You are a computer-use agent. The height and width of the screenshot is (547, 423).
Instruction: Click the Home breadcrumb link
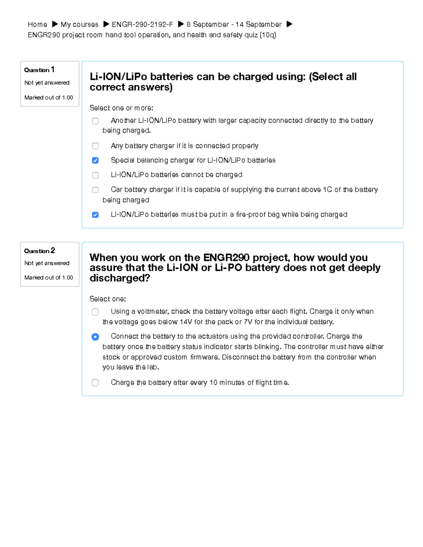pos(37,24)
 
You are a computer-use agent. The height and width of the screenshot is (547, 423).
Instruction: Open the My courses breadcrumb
pos(79,24)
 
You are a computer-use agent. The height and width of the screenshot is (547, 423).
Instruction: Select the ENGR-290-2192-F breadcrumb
pos(142,24)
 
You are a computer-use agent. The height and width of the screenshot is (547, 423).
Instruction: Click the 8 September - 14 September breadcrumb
pos(234,24)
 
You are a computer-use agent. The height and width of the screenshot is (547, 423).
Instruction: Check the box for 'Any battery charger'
pos(95,146)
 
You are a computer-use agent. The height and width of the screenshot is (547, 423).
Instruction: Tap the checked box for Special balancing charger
pos(95,160)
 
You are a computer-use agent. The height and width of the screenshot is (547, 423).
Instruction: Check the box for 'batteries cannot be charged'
pos(95,175)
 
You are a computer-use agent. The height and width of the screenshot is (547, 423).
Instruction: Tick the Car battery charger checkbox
pos(95,190)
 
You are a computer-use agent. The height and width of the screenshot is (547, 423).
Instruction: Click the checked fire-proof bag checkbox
pos(95,215)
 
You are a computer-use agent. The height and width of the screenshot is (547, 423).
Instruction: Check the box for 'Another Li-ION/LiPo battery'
pos(95,121)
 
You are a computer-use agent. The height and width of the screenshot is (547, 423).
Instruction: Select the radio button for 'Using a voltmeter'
pos(95,312)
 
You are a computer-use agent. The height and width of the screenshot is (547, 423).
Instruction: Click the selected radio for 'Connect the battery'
pos(95,337)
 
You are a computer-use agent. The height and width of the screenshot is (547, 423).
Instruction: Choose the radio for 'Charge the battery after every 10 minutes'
pos(95,383)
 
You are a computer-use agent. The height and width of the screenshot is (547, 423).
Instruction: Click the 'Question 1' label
pos(39,70)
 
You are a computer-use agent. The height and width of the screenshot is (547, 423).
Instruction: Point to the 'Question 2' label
pos(39,251)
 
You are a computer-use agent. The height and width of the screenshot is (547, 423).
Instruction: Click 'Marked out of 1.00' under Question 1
pos(49,98)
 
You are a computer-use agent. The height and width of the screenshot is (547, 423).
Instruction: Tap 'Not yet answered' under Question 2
pos(47,263)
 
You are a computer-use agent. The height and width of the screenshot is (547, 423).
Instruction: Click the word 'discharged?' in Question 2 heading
pos(120,278)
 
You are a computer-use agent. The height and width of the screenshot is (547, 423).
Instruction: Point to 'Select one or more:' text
pos(121,108)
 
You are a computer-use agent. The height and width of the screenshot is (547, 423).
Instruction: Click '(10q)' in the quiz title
pos(268,35)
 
